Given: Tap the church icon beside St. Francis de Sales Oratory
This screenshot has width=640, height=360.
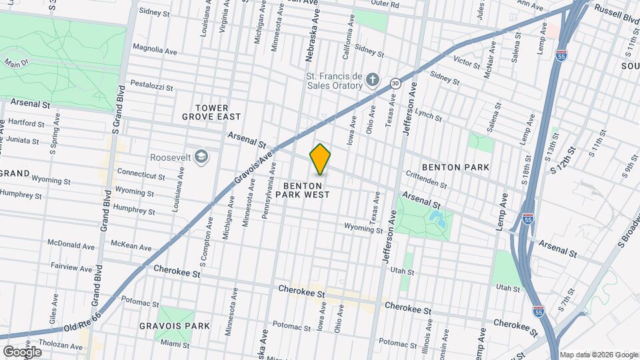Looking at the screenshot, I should click(373, 81).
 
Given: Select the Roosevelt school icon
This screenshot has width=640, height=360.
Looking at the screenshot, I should click(202, 157).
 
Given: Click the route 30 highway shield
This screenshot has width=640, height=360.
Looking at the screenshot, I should click(395, 83).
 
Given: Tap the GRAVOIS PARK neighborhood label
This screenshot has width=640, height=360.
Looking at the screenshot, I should click(175, 326).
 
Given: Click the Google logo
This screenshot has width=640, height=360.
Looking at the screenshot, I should click(22, 352).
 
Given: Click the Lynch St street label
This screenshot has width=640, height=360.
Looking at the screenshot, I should click(429, 114).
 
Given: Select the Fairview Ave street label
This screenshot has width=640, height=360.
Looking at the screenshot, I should click(73, 265).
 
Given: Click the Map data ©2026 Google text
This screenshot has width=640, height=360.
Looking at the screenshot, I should click(598, 355).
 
